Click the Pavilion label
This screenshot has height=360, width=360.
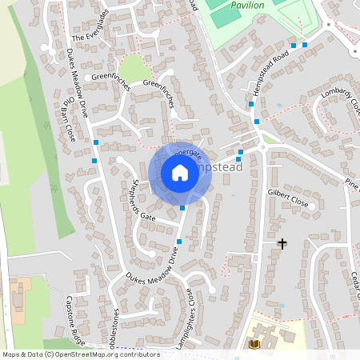[x=247, y=5]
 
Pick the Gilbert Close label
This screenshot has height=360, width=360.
[x=289, y=195]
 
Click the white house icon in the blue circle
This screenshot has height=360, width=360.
[x=180, y=172]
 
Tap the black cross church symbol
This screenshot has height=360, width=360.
[x=282, y=242]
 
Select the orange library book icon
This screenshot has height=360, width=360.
[x=255, y=344]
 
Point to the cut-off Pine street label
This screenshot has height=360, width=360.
[x=352, y=184]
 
